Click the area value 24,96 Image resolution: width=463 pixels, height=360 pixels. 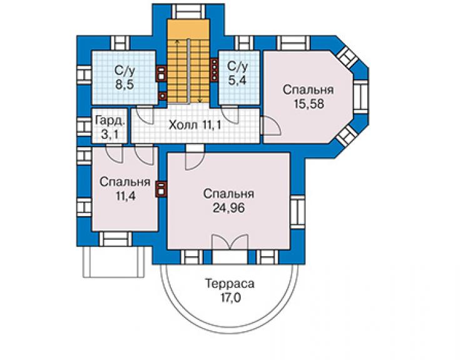pyautogui.click(x=228, y=208)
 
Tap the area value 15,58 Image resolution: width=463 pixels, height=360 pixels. pyautogui.click(x=309, y=104)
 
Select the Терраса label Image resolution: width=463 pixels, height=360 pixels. pyautogui.click(x=230, y=284)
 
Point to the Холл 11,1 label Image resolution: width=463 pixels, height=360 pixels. pyautogui.click(x=195, y=125)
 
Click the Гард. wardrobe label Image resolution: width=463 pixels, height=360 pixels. pyautogui.click(x=110, y=121)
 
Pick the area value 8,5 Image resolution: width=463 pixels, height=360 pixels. pyautogui.click(x=125, y=85)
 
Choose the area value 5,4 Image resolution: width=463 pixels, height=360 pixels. pyautogui.click(x=237, y=80)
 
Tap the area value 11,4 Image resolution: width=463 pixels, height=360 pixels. pyautogui.click(x=125, y=196)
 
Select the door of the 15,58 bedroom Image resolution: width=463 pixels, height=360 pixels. pyautogui.click(x=272, y=126)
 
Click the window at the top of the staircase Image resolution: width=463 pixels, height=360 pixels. pyautogui.click(x=188, y=11)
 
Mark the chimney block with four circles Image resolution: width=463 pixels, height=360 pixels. pyautogui.click(x=214, y=69)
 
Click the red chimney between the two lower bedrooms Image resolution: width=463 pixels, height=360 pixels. pyautogui.click(x=161, y=189)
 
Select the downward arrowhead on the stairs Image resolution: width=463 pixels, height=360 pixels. pyautogui.click(x=200, y=101)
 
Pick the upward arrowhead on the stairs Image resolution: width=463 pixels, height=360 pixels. pyautogui.click(x=177, y=41)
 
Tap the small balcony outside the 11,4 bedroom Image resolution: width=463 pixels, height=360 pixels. pyautogui.click(x=114, y=262)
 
